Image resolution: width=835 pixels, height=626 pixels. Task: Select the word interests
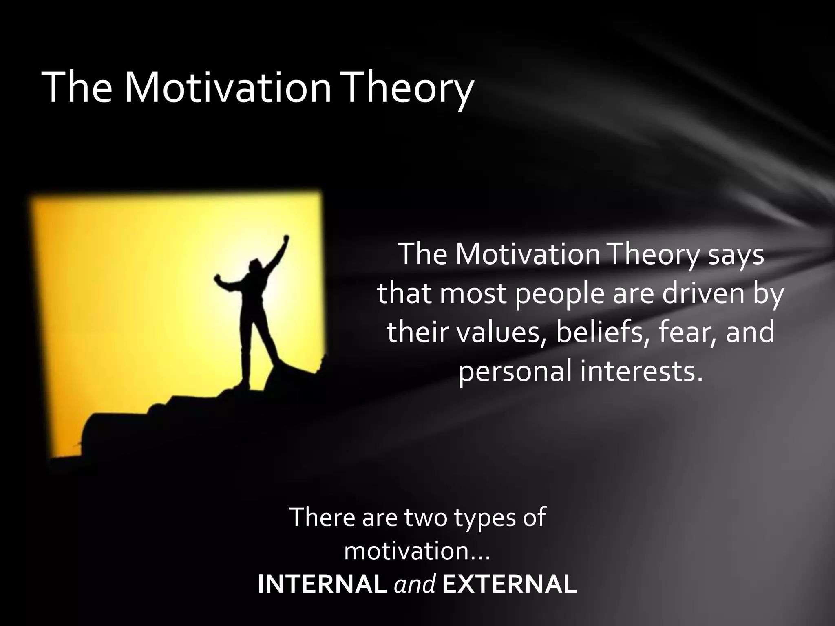pos(641,371)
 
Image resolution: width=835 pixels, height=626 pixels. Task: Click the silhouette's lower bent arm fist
pos(218,279)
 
